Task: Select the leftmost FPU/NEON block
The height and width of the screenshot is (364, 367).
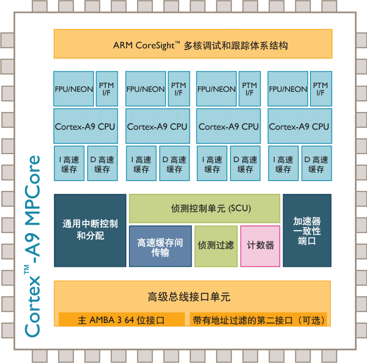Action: coord(73,89)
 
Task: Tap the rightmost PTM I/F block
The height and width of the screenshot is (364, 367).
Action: coord(321,89)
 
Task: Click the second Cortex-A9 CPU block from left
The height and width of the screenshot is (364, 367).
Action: coord(157,126)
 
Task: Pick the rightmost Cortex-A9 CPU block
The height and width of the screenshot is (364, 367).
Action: coord(299,126)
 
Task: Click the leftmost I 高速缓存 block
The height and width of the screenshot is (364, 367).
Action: coord(69,163)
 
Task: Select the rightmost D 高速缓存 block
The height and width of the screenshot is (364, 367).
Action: coord(316,163)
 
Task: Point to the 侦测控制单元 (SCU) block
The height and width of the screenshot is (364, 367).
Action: coord(204,209)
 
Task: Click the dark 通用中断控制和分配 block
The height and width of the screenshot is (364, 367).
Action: coord(90,230)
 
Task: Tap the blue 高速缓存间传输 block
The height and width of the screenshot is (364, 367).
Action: coord(160,246)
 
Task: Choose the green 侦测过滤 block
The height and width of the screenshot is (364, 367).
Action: coord(215,246)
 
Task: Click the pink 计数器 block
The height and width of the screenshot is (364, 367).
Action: coord(260,246)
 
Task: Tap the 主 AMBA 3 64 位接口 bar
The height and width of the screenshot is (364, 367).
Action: coord(122,319)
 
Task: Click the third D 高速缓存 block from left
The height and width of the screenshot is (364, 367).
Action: coord(245,163)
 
